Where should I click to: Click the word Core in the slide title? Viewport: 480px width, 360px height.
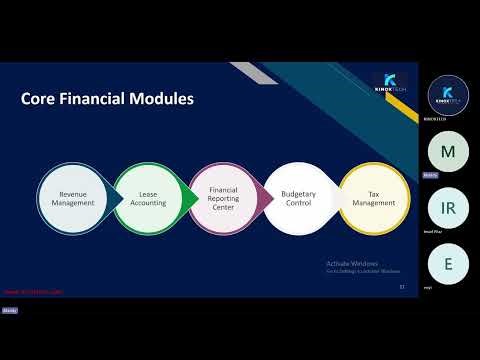pos(41,99)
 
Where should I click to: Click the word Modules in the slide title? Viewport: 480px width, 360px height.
pos(165,99)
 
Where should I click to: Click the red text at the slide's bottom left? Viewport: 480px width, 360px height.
pos(33,293)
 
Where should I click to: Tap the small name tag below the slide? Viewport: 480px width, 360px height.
pos(10,311)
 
